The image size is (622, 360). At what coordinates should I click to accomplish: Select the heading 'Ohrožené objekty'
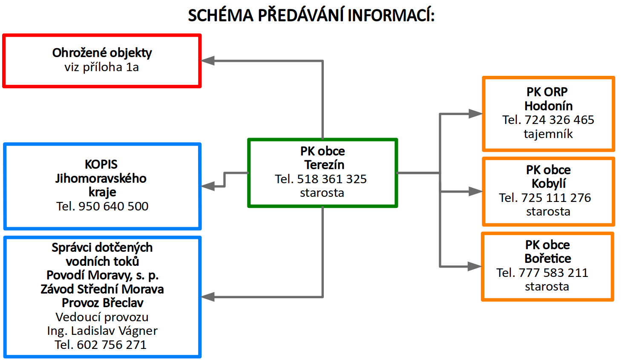coord(102,53)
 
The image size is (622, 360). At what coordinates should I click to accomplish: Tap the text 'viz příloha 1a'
coord(102,67)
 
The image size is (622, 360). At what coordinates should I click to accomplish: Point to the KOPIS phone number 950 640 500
coord(113,206)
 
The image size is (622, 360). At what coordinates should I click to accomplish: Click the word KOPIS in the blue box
coord(101,164)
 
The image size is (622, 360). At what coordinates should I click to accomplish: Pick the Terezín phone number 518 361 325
coord(332,179)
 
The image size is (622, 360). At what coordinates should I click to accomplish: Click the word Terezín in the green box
coord(324,165)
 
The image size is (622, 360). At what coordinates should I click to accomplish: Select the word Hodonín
coord(548,106)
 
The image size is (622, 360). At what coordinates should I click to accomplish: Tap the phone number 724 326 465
coord(559,120)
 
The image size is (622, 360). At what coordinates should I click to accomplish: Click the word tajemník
coord(548,134)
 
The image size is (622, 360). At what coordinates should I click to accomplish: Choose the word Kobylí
coord(548,184)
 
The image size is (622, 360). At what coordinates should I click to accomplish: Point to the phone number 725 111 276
coord(556,198)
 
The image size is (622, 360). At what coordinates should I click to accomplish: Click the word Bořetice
coord(547,259)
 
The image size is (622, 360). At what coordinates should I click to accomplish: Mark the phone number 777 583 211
coord(553,273)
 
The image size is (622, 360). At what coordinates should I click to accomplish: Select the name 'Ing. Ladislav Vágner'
coord(102,331)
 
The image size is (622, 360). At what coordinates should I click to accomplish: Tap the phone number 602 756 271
coord(112,345)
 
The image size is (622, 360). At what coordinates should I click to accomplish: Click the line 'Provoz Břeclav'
coord(103,303)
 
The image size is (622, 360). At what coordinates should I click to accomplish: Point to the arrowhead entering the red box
coord(207,60)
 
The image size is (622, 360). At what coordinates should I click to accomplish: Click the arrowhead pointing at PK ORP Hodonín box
coord(475,114)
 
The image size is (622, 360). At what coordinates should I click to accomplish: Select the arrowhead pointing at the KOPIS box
coord(207,186)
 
